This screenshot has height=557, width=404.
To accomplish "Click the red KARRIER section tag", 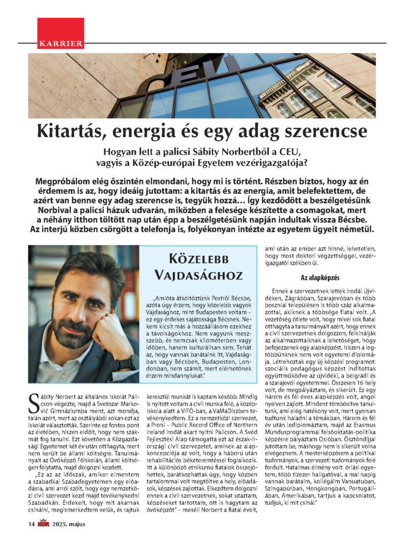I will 61,43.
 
